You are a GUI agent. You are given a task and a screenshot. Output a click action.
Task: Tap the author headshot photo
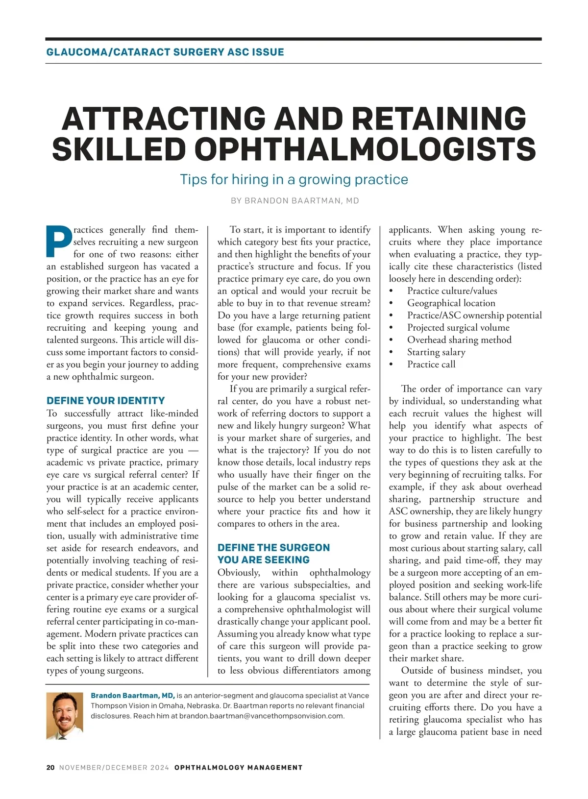pyautogui.click(x=65, y=715)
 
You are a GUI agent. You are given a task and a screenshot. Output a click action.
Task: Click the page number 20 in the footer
pyautogui.click(x=50, y=767)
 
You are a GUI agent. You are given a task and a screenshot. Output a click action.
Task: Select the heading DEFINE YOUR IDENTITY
pyautogui.click(x=105, y=401)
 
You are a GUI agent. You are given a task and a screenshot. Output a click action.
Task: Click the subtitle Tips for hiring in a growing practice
pyautogui.click(x=294, y=179)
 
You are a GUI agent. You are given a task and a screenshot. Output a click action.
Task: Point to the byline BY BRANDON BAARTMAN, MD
pyautogui.click(x=294, y=201)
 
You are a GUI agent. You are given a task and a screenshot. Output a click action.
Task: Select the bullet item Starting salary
pyautogui.click(x=436, y=352)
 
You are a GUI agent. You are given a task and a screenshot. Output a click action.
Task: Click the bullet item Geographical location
pyautogui.click(x=451, y=303)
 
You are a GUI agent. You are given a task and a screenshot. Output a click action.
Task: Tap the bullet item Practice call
pyautogui.click(x=431, y=364)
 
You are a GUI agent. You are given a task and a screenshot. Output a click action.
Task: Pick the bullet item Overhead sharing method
pyautogui.click(x=459, y=340)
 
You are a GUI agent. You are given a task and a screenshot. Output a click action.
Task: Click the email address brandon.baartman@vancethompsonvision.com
pyautogui.click(x=261, y=716)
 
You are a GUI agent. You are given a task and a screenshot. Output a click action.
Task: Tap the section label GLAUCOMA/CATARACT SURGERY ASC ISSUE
pyautogui.click(x=165, y=52)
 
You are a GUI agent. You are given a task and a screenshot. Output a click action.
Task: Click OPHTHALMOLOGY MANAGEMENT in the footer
pyautogui.click(x=238, y=767)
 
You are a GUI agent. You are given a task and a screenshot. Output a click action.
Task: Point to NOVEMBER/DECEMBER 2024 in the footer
pyautogui.click(x=114, y=767)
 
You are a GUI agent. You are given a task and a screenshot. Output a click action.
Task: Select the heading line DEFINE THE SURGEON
pyautogui.click(x=273, y=548)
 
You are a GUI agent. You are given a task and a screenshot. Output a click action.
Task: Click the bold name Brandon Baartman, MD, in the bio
pyautogui.click(x=132, y=696)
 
